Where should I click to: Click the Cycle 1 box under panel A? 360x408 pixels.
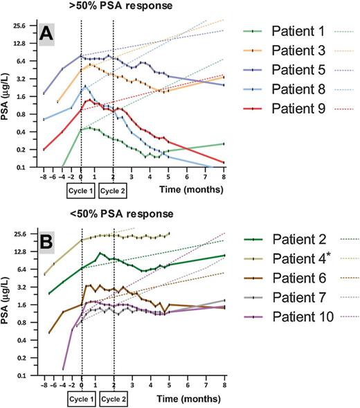82,190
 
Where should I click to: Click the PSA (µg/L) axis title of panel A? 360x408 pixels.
8,96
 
